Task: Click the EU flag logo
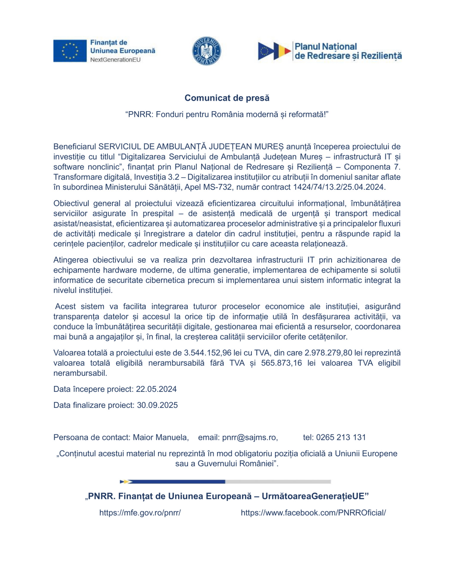click(70, 51)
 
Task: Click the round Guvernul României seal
click(206, 51)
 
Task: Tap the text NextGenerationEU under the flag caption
click(115, 60)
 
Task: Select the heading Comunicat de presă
click(227, 98)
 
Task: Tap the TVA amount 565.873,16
click(281, 363)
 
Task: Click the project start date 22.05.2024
click(156, 389)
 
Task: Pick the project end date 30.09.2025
click(157, 405)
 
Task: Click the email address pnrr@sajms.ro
click(249, 437)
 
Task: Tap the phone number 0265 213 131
click(341, 437)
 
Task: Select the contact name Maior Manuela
click(160, 437)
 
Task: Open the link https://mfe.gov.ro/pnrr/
click(140, 513)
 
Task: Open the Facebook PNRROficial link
click(313, 513)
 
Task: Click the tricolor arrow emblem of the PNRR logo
click(274, 51)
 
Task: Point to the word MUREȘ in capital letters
click(269, 147)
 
